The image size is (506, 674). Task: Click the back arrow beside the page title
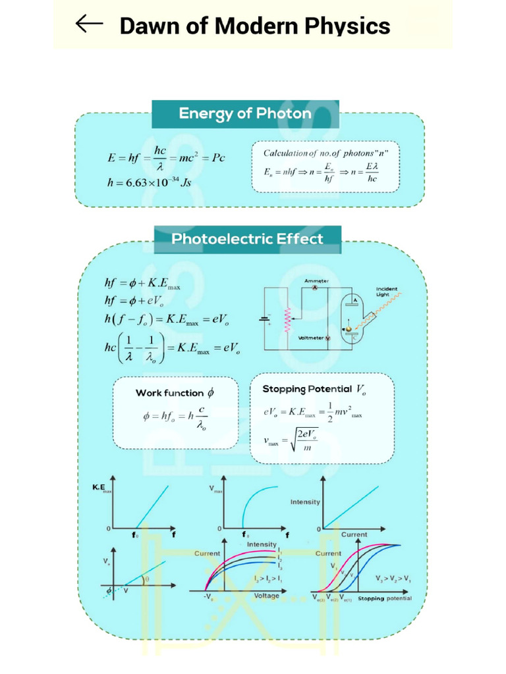(89, 25)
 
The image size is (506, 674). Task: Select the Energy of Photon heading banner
(245, 114)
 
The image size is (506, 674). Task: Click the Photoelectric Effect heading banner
(247, 239)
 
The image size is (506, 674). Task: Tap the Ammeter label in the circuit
(316, 281)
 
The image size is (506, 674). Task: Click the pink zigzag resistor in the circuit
(287, 323)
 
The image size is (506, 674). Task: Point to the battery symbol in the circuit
(265, 321)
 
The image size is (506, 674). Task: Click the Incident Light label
(387, 292)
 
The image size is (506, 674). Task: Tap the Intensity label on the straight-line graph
(305, 502)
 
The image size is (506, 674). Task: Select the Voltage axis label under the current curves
(267, 596)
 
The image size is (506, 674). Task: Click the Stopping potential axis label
(385, 598)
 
